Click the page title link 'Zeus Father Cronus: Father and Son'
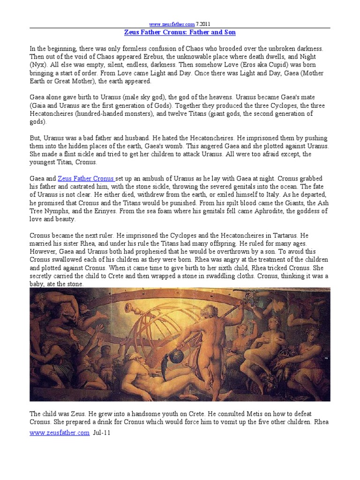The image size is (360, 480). click(180, 32)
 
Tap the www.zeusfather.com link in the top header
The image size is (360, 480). click(165, 24)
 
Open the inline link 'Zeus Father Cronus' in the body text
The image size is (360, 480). click(86, 179)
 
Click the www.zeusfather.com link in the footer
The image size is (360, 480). click(59, 433)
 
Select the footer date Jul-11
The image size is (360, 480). click(103, 433)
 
